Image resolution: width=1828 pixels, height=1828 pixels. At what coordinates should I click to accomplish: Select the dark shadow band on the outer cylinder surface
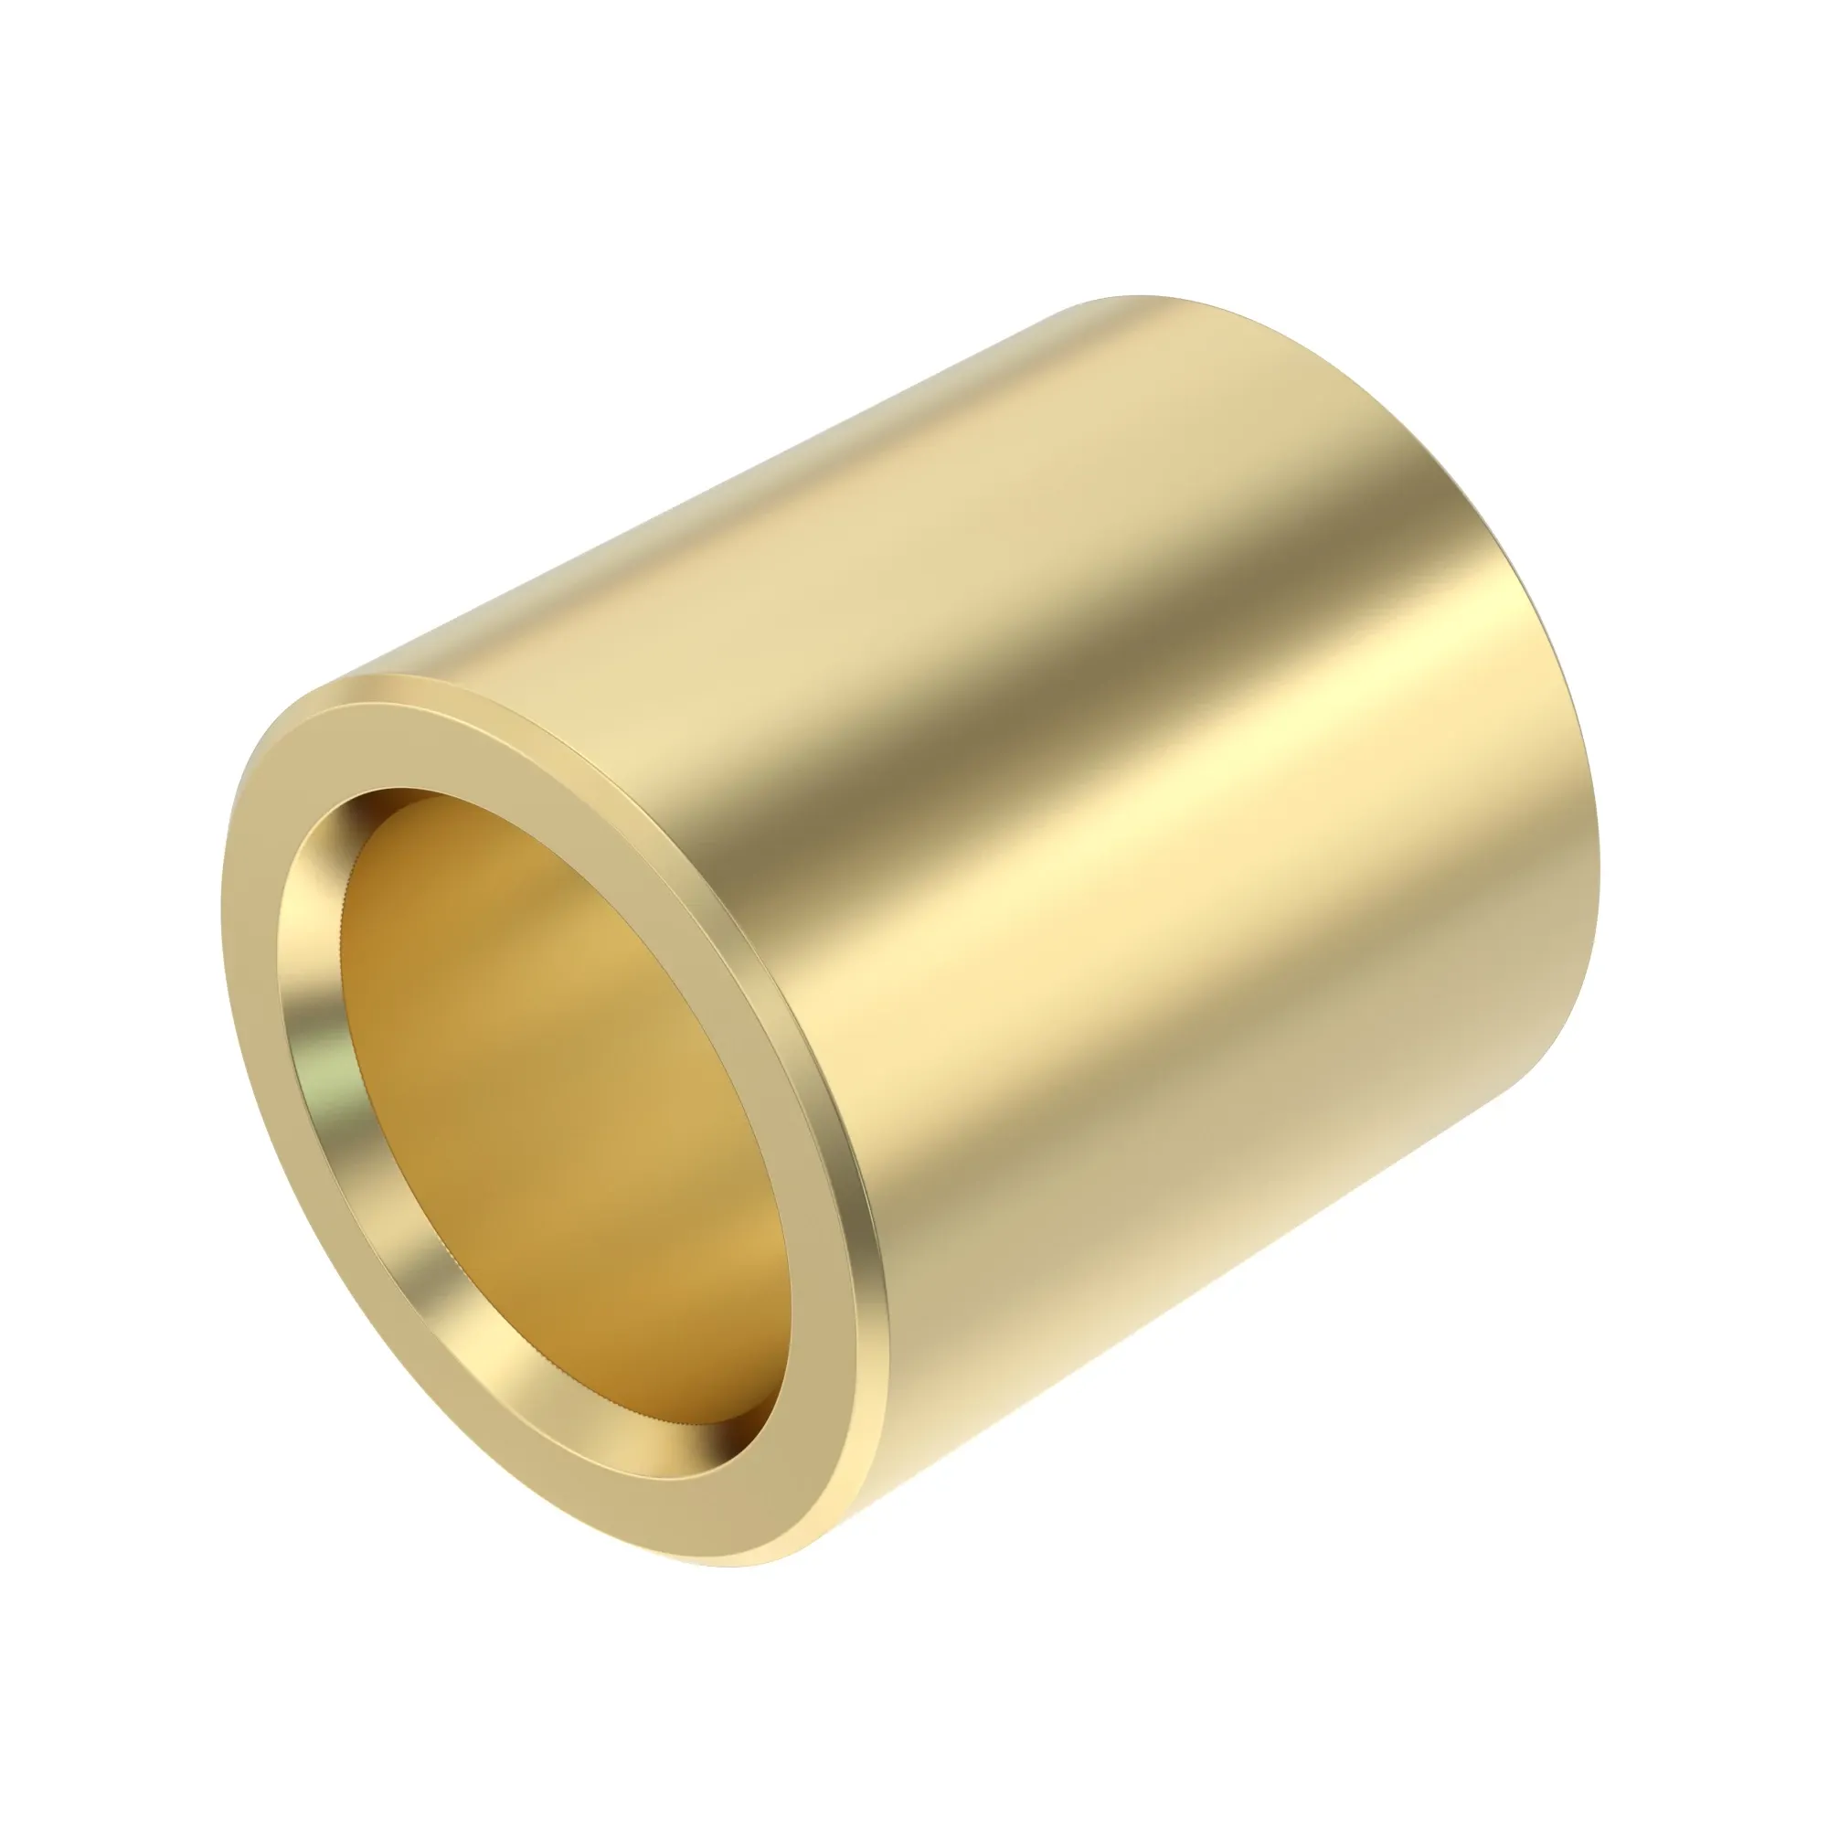coord(994,709)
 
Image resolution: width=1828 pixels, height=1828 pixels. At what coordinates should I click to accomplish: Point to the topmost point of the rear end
coord(1135,297)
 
